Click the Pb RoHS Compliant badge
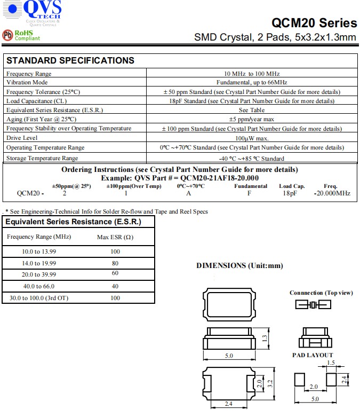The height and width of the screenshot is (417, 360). [22, 35]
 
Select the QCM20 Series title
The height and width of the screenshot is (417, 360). [314, 23]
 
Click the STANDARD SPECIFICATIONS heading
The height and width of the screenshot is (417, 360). [70, 60]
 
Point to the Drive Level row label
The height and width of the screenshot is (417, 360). [21, 138]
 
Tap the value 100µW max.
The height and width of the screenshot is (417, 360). [252, 138]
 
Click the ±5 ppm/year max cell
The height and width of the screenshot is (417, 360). [252, 119]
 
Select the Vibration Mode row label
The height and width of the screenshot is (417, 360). [27, 82]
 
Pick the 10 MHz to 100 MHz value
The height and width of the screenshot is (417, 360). [252, 74]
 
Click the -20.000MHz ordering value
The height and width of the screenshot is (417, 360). [332, 193]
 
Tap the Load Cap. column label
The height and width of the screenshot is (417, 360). [292, 186]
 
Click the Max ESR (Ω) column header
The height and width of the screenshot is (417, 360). [115, 237]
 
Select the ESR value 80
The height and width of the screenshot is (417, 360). [115, 263]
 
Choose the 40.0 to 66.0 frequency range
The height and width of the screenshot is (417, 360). [39, 286]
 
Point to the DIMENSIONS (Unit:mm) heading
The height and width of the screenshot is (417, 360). [239, 265]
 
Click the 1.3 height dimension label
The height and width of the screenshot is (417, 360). [265, 338]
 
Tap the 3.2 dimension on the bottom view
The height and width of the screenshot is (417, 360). [271, 383]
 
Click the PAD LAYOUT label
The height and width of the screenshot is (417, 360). [313, 355]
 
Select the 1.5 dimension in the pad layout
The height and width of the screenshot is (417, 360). [330, 363]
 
